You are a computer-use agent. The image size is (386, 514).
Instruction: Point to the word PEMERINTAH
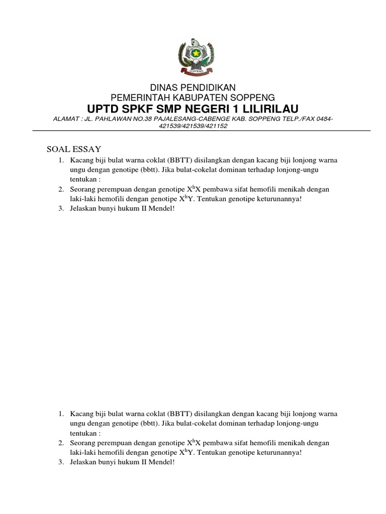tap(138, 97)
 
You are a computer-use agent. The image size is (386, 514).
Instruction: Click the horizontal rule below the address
tap(202, 132)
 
